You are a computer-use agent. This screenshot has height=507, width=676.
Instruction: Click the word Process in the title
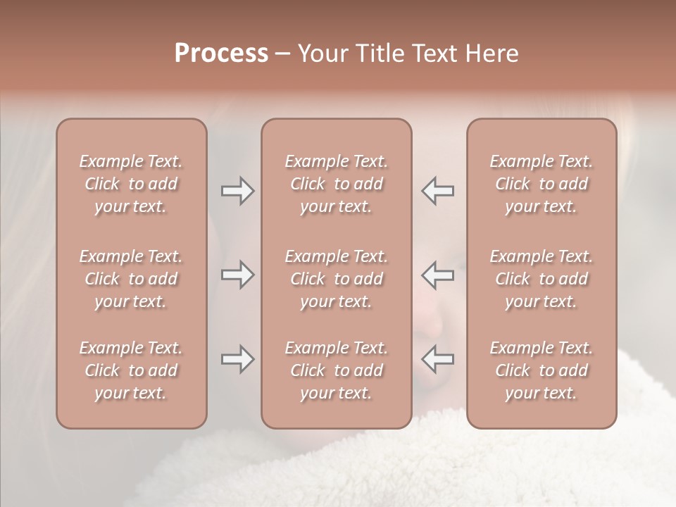pos(221,54)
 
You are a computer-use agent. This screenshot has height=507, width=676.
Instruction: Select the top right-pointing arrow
pos(237,191)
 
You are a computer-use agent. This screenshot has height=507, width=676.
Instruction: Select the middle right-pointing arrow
pos(237,275)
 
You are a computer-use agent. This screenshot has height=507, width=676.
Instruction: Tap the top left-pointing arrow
pos(437,191)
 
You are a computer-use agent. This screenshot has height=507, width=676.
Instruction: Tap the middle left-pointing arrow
pos(437,275)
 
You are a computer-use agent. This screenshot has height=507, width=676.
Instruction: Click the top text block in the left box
pos(131,184)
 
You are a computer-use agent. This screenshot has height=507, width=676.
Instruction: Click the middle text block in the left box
pos(131,279)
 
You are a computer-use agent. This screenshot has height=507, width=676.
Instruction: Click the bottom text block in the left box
pos(131,370)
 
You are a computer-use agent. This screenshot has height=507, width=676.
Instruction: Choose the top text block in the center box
pos(336,184)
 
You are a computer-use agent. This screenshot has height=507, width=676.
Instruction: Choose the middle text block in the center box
pos(336,279)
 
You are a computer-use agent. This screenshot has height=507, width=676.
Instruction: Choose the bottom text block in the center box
pos(336,370)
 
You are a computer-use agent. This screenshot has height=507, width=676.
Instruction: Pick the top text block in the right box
pos(542,184)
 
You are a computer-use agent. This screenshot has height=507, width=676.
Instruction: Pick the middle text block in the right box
pos(542,279)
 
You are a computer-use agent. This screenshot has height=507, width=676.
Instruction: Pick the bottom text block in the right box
pos(542,370)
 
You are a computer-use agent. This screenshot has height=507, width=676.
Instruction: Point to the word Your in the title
pos(321,54)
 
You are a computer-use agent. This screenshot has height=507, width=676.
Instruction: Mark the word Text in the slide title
pos(433,54)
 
